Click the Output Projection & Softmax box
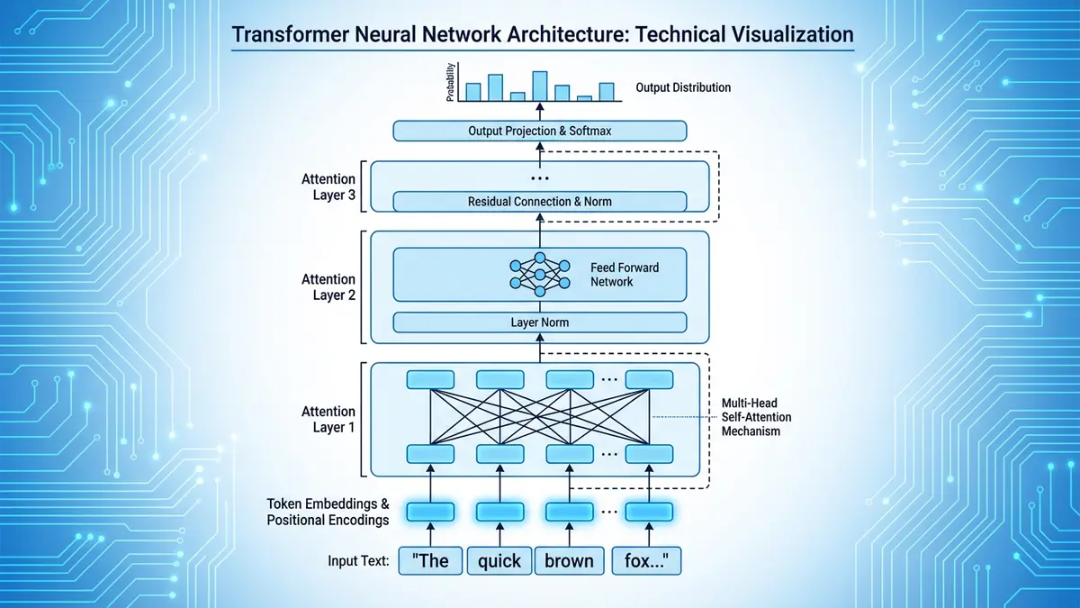click(540, 132)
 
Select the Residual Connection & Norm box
click(540, 201)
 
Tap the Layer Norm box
click(540, 322)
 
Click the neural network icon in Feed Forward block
click(540, 274)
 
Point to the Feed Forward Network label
click(624, 275)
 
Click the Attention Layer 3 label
click(328, 187)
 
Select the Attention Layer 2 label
click(328, 286)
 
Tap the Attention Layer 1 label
click(328, 420)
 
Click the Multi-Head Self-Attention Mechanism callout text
click(751, 418)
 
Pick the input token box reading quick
click(499, 560)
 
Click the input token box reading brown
click(569, 560)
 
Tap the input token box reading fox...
click(646, 560)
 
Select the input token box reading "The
click(430, 560)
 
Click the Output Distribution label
click(683, 87)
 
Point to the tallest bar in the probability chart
click(540, 86)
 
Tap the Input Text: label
click(358, 561)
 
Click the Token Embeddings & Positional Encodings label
click(328, 512)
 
